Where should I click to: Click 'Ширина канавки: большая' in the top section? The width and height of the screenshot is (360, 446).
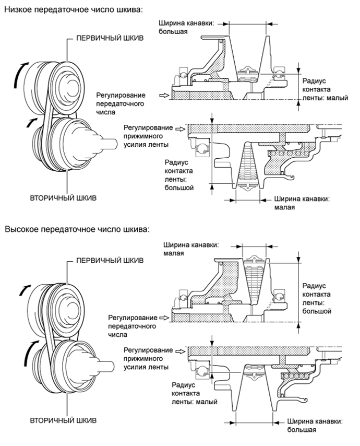(188, 27)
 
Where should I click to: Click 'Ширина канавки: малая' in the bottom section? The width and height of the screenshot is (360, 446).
(190, 248)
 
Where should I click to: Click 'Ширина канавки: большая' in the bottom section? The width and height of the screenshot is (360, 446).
(310, 426)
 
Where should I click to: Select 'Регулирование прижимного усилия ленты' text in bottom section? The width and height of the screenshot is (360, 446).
(146, 359)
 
